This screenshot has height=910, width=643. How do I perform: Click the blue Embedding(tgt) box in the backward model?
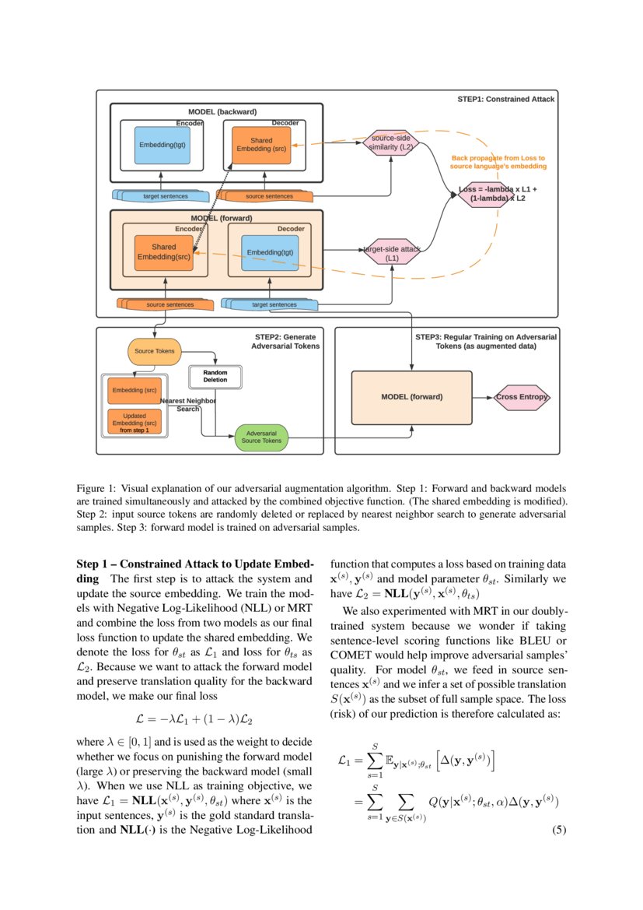pyautogui.click(x=162, y=145)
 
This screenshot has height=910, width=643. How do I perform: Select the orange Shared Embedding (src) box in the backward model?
pyautogui.click(x=261, y=145)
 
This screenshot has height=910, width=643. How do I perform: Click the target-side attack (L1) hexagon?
pyautogui.click(x=392, y=251)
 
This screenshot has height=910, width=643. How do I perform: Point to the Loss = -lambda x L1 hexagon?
pyautogui.click(x=498, y=194)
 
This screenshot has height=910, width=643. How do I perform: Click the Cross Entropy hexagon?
pyautogui.click(x=522, y=397)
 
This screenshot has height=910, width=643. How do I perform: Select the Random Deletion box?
pyautogui.click(x=215, y=377)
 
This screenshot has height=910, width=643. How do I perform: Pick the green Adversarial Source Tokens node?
pyautogui.click(x=261, y=437)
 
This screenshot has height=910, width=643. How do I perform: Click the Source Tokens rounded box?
pyautogui.click(x=154, y=351)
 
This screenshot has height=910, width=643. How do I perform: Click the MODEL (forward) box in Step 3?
pyautogui.click(x=411, y=397)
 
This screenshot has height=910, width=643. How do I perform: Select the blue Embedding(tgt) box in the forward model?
pyautogui.click(x=269, y=253)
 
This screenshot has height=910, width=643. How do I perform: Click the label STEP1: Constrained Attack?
pyautogui.click(x=505, y=100)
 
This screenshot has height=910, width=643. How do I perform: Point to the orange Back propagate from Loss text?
pyautogui.click(x=498, y=162)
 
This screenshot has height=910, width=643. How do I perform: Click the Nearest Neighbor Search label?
pyautogui.click(x=188, y=405)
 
